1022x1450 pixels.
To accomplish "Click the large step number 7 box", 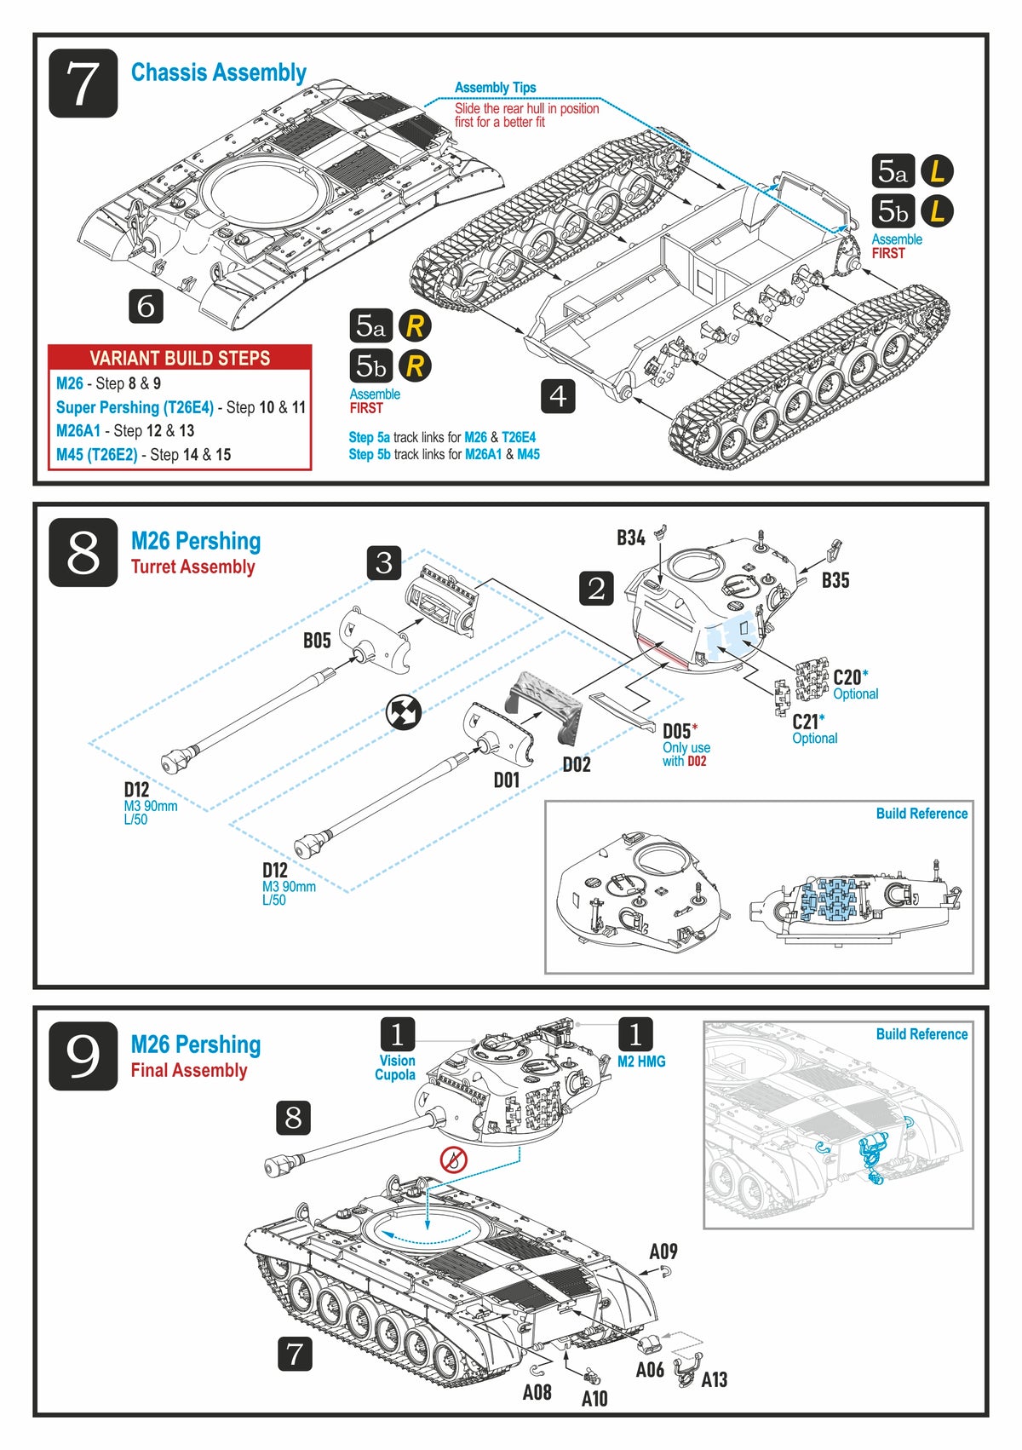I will coord(83,83).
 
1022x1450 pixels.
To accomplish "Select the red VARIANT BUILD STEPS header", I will coord(180,358).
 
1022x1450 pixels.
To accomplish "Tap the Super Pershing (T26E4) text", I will coord(135,407).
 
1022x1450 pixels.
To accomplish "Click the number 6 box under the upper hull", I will coord(146,306).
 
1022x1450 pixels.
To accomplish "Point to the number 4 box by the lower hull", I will coord(558,395).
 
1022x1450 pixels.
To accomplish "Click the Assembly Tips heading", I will coord(495,88).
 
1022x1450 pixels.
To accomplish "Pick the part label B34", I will coord(630,538).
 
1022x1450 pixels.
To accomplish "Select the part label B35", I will coord(835,580).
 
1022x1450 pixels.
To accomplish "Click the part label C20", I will coord(847,677).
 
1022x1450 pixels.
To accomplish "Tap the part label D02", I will coord(577,764).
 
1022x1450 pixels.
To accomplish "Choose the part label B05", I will coord(317,640).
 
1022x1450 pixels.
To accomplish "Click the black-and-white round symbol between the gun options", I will coord(404,712).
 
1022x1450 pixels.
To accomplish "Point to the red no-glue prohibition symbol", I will coord(454,1159).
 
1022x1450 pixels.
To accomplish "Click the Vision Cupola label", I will coord(396,1067).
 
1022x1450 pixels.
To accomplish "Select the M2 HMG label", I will coord(641,1062).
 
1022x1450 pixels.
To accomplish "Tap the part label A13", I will coord(714,1379).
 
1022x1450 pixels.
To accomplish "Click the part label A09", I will coord(663,1251).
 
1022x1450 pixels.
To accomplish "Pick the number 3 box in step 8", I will coord(384,562).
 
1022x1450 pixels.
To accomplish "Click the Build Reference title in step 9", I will coord(922,1034).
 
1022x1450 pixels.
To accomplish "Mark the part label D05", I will coord(676,731).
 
